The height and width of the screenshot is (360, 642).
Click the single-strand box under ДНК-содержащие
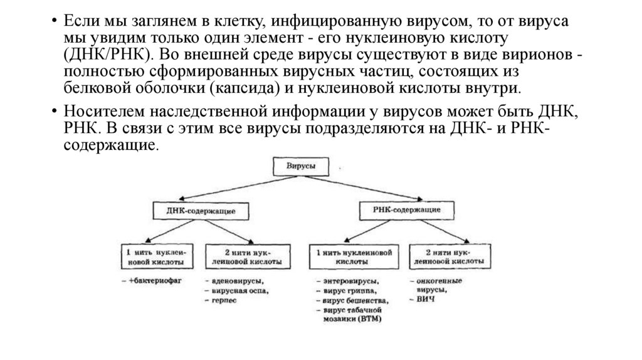[154, 255]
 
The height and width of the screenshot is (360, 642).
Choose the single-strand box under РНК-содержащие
[354, 255]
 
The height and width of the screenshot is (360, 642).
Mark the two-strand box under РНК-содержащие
[449, 255]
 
